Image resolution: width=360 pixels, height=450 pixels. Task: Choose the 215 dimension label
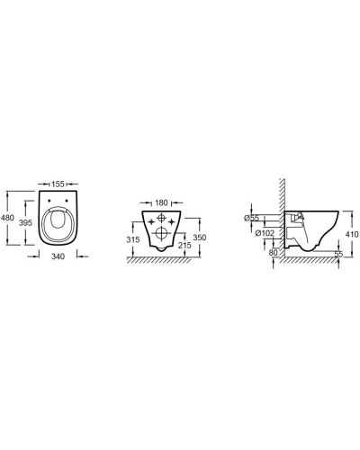[186, 245]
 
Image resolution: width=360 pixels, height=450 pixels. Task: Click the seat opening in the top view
[57, 227]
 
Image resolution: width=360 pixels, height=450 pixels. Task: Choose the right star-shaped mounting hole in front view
[174, 219]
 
